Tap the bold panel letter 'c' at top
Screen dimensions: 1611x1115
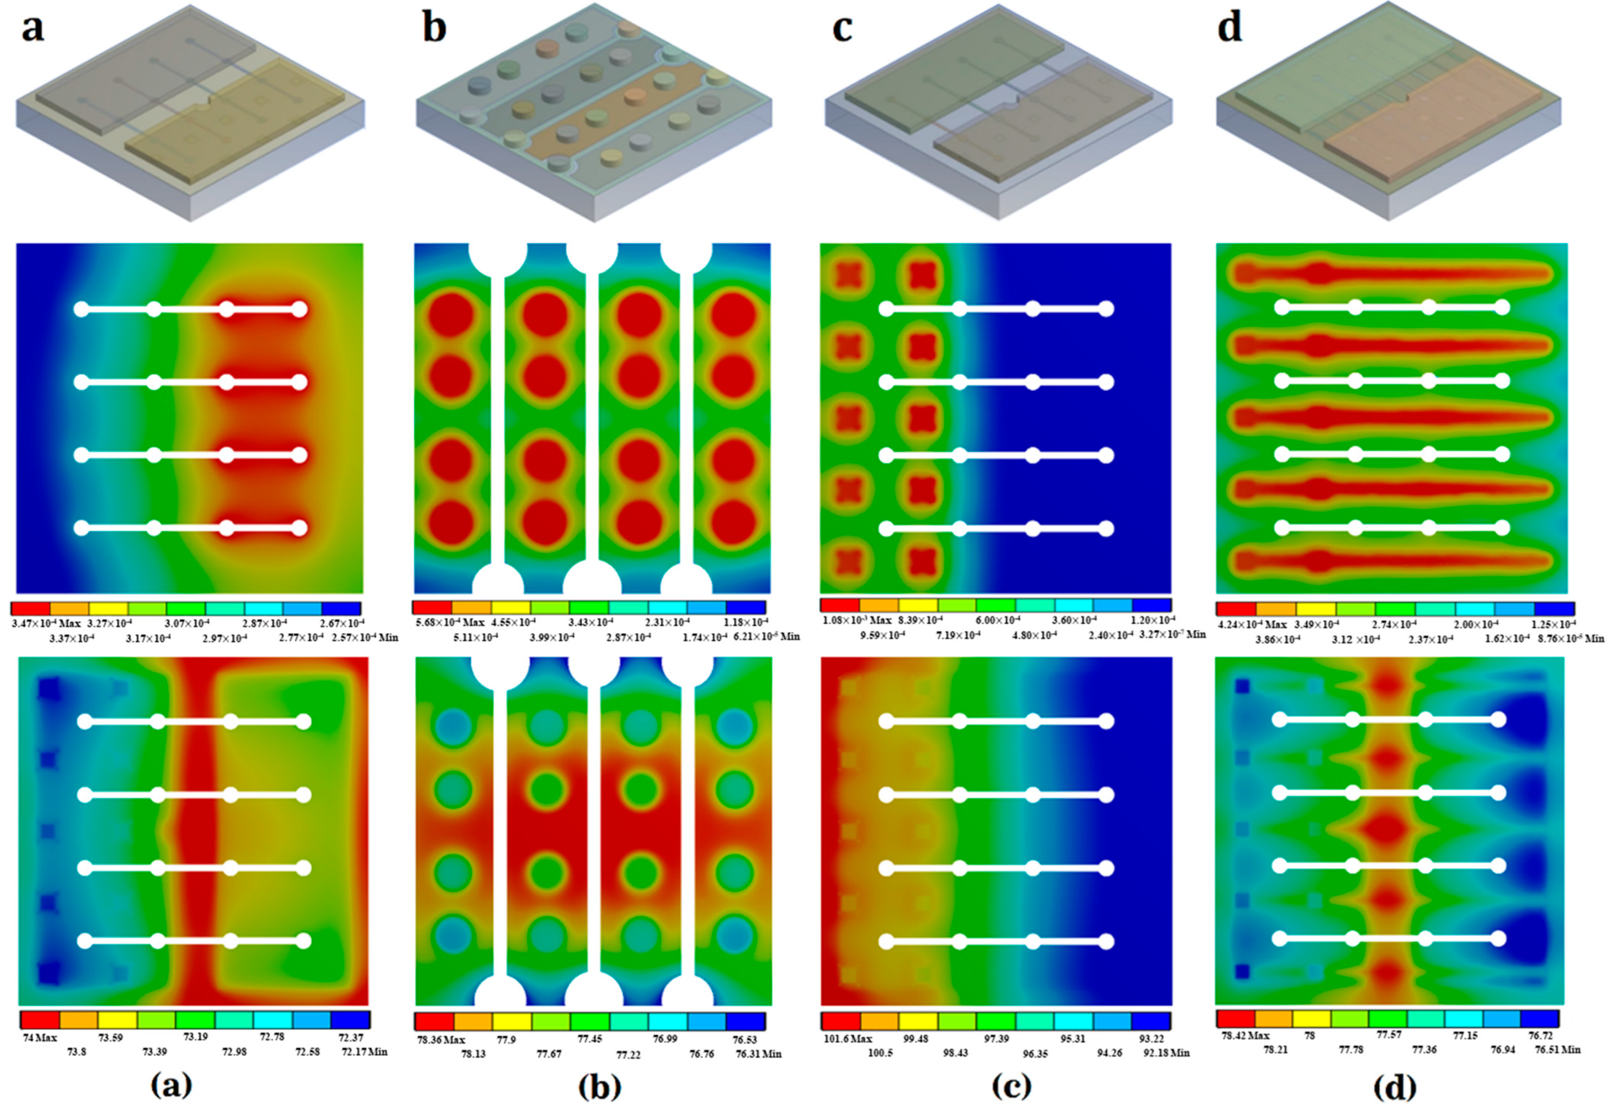point(842,30)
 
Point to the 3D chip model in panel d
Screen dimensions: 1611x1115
point(1389,112)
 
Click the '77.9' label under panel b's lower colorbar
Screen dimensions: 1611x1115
point(506,1040)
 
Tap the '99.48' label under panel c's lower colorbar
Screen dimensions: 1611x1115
point(915,1039)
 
